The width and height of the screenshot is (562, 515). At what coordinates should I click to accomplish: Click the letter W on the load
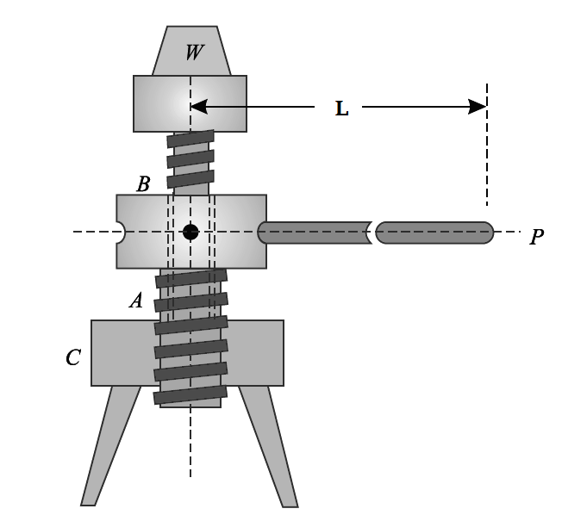pos(194,53)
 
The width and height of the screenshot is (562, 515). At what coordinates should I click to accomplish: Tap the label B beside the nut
pos(143,184)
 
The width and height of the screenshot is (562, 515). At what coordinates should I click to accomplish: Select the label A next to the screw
pos(135,301)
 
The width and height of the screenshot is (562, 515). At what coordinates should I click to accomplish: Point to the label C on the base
pos(73,357)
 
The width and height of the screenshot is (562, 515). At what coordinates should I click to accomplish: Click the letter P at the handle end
pos(536,237)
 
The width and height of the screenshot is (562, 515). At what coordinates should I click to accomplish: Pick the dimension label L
pos(341,109)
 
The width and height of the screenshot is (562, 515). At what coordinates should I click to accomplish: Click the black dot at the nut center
pos(190,232)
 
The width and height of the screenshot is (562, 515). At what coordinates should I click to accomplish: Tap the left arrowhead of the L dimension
pos(198,107)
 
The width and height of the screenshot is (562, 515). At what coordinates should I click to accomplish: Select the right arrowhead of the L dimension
pos(478,107)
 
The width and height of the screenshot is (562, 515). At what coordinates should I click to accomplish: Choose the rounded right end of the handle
pos(487,233)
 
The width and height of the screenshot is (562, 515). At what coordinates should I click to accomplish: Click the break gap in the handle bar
pos(372,233)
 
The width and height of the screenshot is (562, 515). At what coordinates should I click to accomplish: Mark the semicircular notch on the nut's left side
pos(120,233)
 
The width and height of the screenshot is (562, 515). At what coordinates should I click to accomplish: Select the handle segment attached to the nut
pos(315,233)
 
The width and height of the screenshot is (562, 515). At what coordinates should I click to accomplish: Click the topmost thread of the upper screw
pos(190,139)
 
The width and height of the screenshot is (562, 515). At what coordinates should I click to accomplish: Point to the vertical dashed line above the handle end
pos(487,146)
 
